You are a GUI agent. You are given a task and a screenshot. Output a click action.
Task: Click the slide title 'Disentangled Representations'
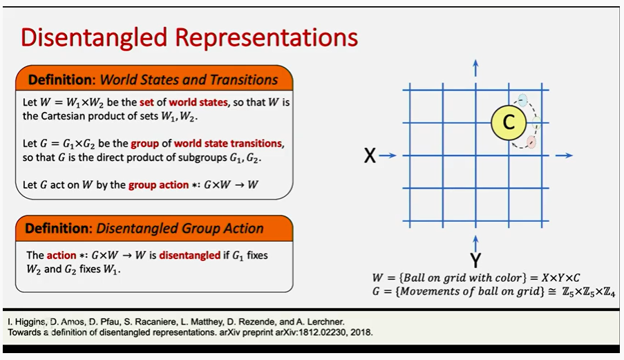tap(189, 37)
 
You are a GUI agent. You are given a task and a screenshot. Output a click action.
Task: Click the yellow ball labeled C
tap(509, 123)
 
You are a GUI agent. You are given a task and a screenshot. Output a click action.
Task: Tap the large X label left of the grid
tap(370, 156)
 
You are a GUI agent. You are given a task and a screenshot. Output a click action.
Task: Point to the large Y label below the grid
tap(475, 260)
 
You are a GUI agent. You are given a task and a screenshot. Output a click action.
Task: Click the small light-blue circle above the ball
tap(523, 100)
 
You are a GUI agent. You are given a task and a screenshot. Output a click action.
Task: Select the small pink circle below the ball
tap(531, 142)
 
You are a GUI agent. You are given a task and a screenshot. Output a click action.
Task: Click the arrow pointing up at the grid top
tap(475, 67)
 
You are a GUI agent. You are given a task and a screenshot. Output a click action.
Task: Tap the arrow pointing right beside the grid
tap(564, 155)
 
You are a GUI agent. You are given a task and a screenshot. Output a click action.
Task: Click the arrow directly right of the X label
tap(388, 155)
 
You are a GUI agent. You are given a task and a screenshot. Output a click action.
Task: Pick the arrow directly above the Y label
tap(475, 243)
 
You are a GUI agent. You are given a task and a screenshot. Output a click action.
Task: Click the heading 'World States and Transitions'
tap(189, 79)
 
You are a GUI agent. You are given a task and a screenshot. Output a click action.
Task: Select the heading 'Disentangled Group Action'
tap(180, 228)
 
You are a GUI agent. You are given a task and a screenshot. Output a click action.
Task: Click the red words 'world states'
tap(198, 102)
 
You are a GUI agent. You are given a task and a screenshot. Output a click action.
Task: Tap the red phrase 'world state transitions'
tap(228, 144)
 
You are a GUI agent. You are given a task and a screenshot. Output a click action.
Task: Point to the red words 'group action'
tap(158, 184)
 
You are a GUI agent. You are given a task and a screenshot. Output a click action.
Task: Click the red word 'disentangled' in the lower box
tap(189, 255)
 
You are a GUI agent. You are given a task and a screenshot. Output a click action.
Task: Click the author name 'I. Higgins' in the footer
tap(27, 322)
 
